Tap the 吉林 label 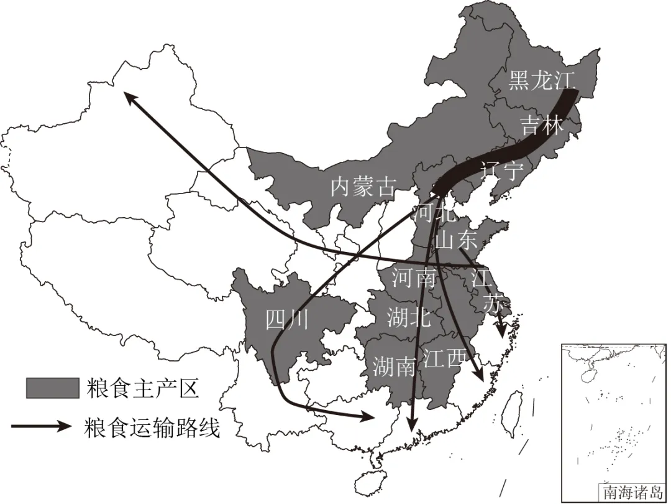pos(542,125)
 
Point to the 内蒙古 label pos(362,186)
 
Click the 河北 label pos(434,212)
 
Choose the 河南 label pos(414,278)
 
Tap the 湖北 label pos(408,317)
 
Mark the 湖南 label pos(394,367)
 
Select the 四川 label pos(286,319)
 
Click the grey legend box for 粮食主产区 pos(52,388)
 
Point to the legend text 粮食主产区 pos(142,389)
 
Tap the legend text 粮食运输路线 pos(152,427)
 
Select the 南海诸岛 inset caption pos(632,492)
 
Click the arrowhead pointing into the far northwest pos(128,97)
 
